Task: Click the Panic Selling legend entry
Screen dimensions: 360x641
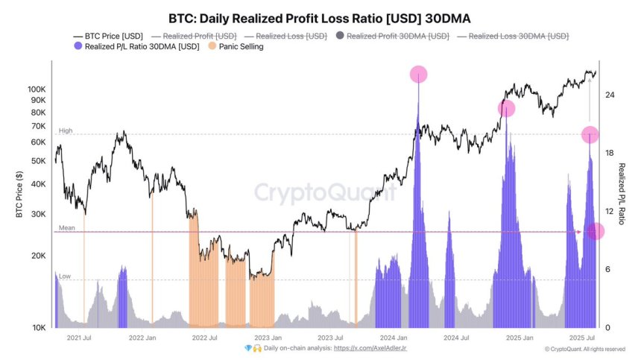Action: tap(238, 46)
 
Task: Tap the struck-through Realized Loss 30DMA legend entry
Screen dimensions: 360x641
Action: tap(518, 36)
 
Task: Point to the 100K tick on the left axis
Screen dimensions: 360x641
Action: tap(35, 89)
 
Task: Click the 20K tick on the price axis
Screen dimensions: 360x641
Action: tap(37, 256)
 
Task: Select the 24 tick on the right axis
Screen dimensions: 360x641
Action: tap(610, 95)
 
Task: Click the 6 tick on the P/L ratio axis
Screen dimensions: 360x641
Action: tap(607, 269)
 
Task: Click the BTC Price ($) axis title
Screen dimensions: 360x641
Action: tap(19, 194)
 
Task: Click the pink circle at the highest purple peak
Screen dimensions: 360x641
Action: tap(419, 74)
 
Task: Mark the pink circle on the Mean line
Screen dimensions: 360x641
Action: tap(596, 232)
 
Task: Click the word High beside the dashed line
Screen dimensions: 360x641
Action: tap(66, 130)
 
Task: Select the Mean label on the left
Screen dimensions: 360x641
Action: tap(66, 228)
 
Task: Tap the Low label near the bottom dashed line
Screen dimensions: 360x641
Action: tap(65, 276)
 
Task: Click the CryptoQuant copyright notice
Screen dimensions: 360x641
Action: tap(584, 349)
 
